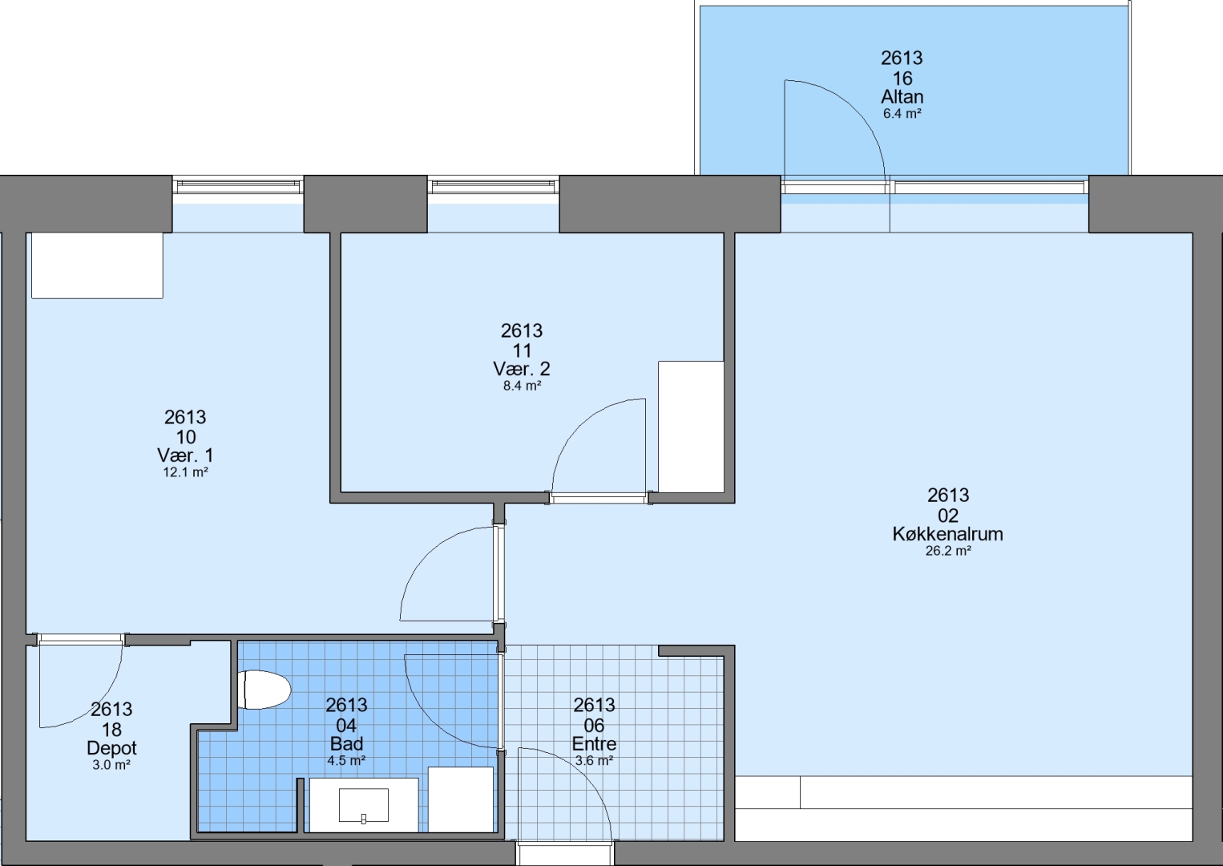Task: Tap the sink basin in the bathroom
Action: pyautogui.click(x=364, y=805)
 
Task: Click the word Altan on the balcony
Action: pyautogui.click(x=902, y=97)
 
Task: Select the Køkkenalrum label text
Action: pyautogui.click(x=948, y=534)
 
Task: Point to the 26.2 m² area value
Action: pyautogui.click(x=948, y=551)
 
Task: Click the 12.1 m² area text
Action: pyautogui.click(x=186, y=472)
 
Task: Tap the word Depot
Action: pyautogui.click(x=111, y=747)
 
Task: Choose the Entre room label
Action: pyautogui.click(x=594, y=743)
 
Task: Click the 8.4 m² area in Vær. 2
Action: pyautogui.click(x=522, y=386)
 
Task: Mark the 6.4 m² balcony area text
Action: pyautogui.click(x=902, y=114)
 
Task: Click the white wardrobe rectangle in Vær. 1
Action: pyautogui.click(x=97, y=265)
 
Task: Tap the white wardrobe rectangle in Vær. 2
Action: pyautogui.click(x=691, y=427)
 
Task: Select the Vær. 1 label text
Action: pyautogui.click(x=186, y=455)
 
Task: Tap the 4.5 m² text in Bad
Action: pyautogui.click(x=346, y=760)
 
